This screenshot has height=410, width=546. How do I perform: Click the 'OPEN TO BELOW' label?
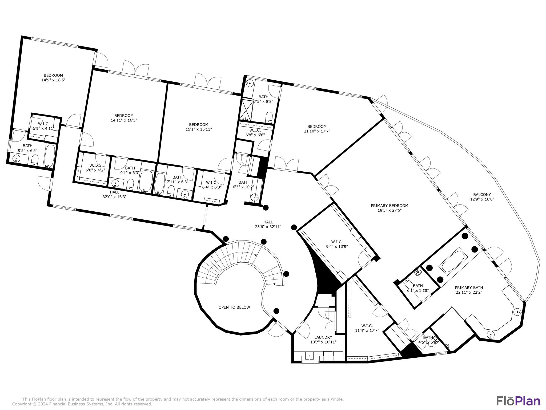(x=234, y=307)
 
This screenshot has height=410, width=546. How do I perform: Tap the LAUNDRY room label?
(x=323, y=337)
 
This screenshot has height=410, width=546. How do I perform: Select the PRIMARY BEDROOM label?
(x=389, y=206)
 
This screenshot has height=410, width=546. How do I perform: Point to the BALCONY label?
(x=482, y=195)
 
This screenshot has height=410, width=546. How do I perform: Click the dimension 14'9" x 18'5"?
(x=53, y=80)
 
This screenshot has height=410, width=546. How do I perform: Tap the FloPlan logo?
(x=518, y=401)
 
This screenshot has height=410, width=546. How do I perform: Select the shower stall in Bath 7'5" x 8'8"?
(x=247, y=110)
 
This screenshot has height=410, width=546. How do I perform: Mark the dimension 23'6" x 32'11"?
(x=268, y=227)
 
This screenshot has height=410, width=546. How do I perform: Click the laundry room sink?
(x=309, y=356)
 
